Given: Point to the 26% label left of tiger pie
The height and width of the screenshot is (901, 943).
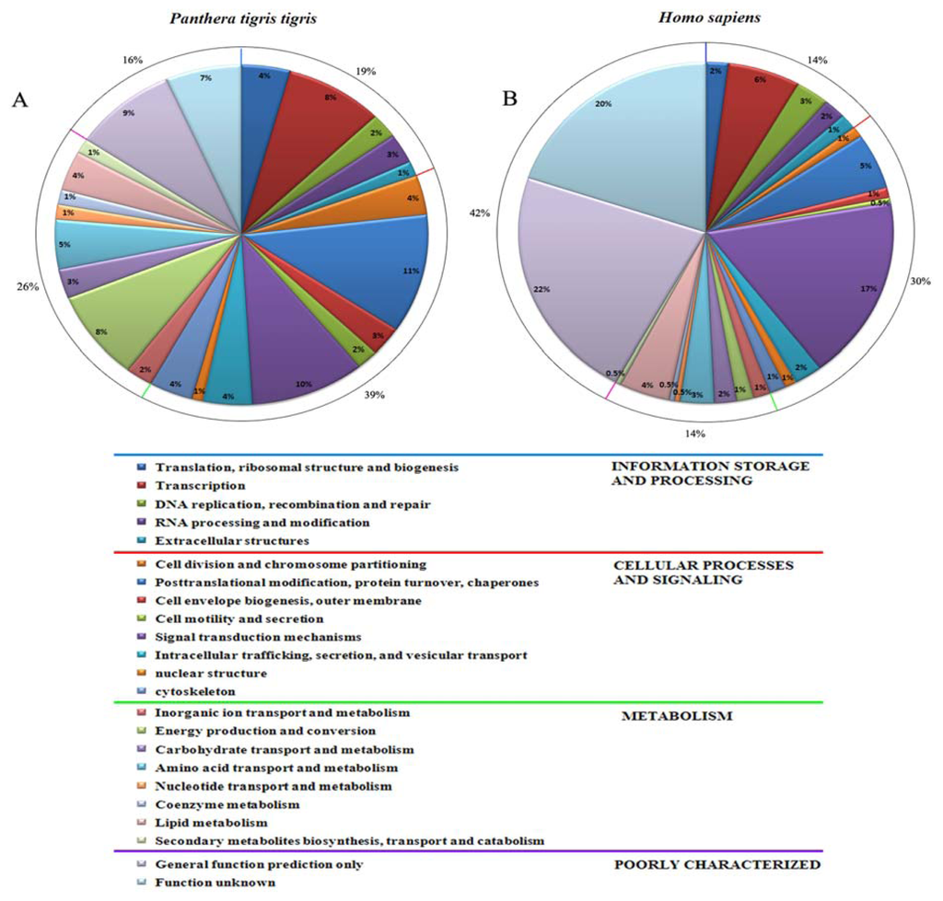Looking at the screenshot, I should pyautogui.click(x=29, y=286).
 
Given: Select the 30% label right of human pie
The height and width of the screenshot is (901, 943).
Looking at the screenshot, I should pyautogui.click(x=918, y=281).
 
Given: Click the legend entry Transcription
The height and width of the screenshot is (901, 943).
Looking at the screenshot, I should pyautogui.click(x=200, y=485).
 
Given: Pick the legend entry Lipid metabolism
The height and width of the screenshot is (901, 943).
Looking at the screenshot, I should pyautogui.click(x=211, y=822).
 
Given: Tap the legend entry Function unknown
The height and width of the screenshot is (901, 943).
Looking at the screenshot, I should pyautogui.click(x=215, y=882).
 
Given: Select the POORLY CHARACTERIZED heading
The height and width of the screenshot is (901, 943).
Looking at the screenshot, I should pyautogui.click(x=716, y=864).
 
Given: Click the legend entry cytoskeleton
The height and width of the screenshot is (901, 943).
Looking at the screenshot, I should pyautogui.click(x=195, y=691).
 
